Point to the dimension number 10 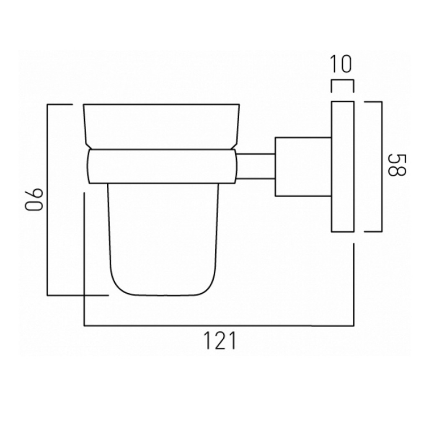point(341,65)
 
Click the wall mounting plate point(343,166)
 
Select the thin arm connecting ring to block point(256,166)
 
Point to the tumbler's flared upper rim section point(162,126)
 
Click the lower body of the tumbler point(163,239)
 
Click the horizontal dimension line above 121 point(220,325)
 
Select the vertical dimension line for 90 point(48,200)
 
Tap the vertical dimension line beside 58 point(382,166)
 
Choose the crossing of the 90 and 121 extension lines point(85,295)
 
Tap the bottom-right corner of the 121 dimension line point(354,325)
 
